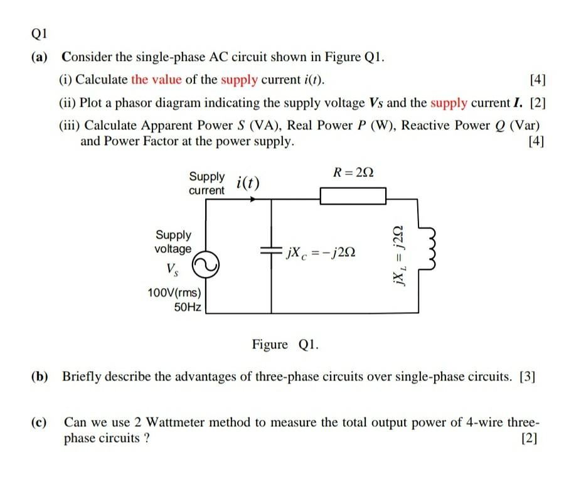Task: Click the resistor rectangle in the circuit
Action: [353, 197]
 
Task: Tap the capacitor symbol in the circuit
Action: [271, 250]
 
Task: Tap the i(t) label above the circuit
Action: [248, 183]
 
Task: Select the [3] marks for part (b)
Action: [528, 377]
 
